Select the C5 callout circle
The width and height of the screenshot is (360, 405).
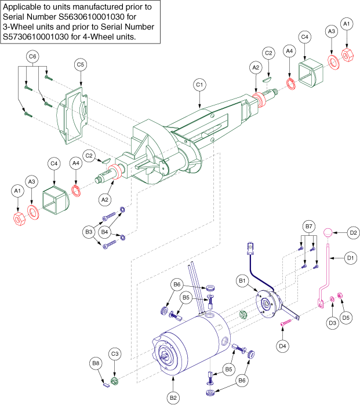81,65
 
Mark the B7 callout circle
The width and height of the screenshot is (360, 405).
308,225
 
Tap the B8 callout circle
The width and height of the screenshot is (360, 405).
96,363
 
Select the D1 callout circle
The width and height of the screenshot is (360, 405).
350,256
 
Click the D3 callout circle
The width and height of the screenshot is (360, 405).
331,322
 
